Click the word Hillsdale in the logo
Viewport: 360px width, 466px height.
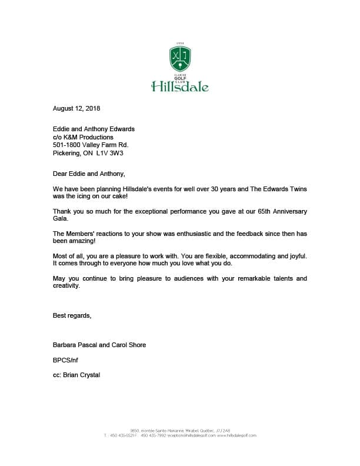pos(180,88)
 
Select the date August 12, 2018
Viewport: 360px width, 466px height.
pos(76,108)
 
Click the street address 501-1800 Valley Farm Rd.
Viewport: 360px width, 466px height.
pos(90,145)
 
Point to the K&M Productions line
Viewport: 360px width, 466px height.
pos(83,137)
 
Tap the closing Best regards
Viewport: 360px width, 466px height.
pos(72,316)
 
